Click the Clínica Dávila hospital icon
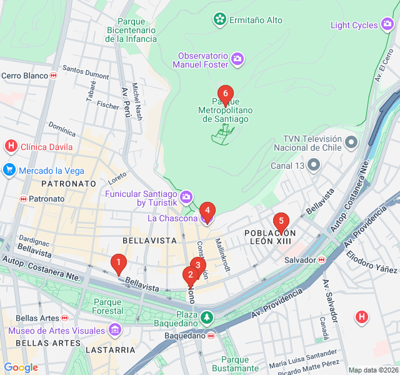(11, 147)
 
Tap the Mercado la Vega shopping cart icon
(9, 169)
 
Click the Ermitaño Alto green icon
(219, 20)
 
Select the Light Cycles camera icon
(387, 25)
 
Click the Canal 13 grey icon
(314, 166)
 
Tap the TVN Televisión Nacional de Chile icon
(351, 143)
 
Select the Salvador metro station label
(301, 259)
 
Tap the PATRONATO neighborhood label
(69, 184)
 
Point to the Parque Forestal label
(107, 306)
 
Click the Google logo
(21, 367)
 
